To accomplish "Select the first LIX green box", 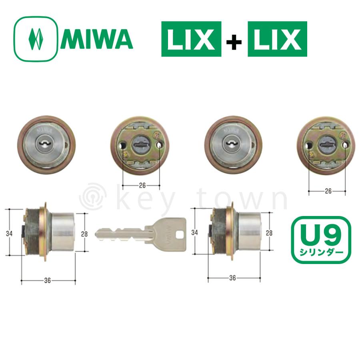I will pyautogui.click(x=191, y=39).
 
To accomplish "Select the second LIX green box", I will pyautogui.click(x=277, y=39).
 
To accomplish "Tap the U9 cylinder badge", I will pyautogui.click(x=320, y=240).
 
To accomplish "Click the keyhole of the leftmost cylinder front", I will pyautogui.click(x=46, y=142).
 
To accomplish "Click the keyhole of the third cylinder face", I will pyautogui.click(x=233, y=142).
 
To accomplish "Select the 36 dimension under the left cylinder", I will pyautogui.click(x=48, y=280).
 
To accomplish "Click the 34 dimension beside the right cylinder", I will pyautogui.click(x=194, y=232).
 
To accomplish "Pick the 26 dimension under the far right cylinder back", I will pyautogui.click(x=328, y=191).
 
